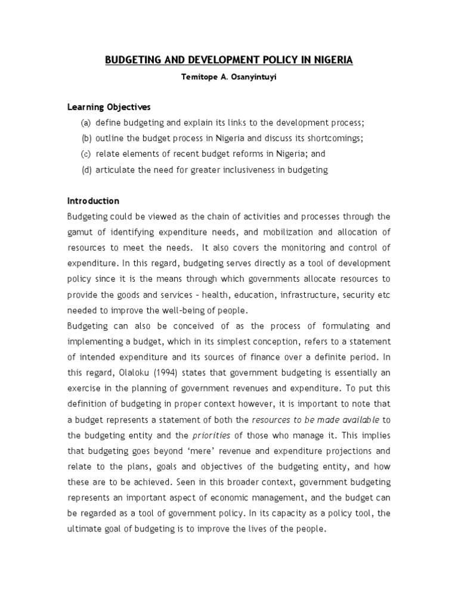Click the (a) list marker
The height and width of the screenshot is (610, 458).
click(x=86, y=123)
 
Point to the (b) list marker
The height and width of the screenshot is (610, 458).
click(x=86, y=138)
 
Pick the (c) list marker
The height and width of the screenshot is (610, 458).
click(x=86, y=154)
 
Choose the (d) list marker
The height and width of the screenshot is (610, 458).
click(x=86, y=170)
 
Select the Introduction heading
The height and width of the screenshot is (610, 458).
click(x=93, y=201)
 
